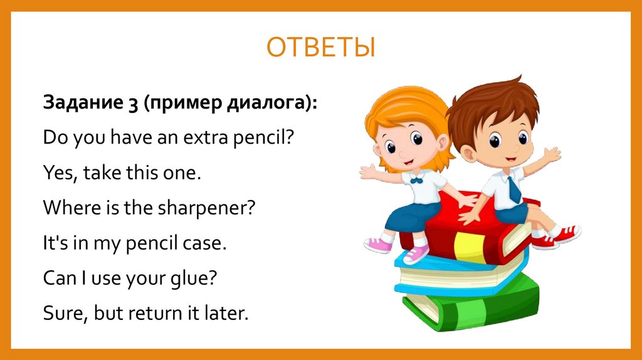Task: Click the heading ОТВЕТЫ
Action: (321, 48)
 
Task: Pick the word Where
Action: (66, 207)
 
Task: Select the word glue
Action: (194, 277)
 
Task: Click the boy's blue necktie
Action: (514, 189)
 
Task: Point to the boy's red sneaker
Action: (566, 234)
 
